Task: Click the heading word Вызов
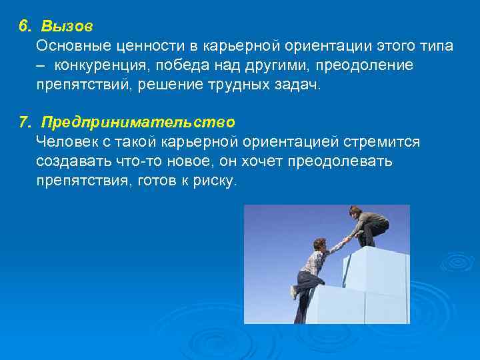point(67,27)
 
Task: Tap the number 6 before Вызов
point(24,27)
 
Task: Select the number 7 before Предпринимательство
point(24,123)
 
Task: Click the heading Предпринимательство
point(138,123)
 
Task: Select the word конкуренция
point(103,66)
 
